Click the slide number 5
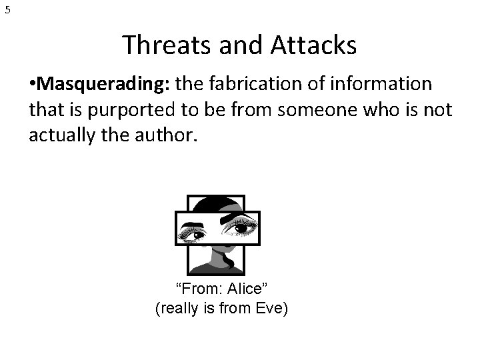pos(7,10)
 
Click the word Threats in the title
pos(160,45)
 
